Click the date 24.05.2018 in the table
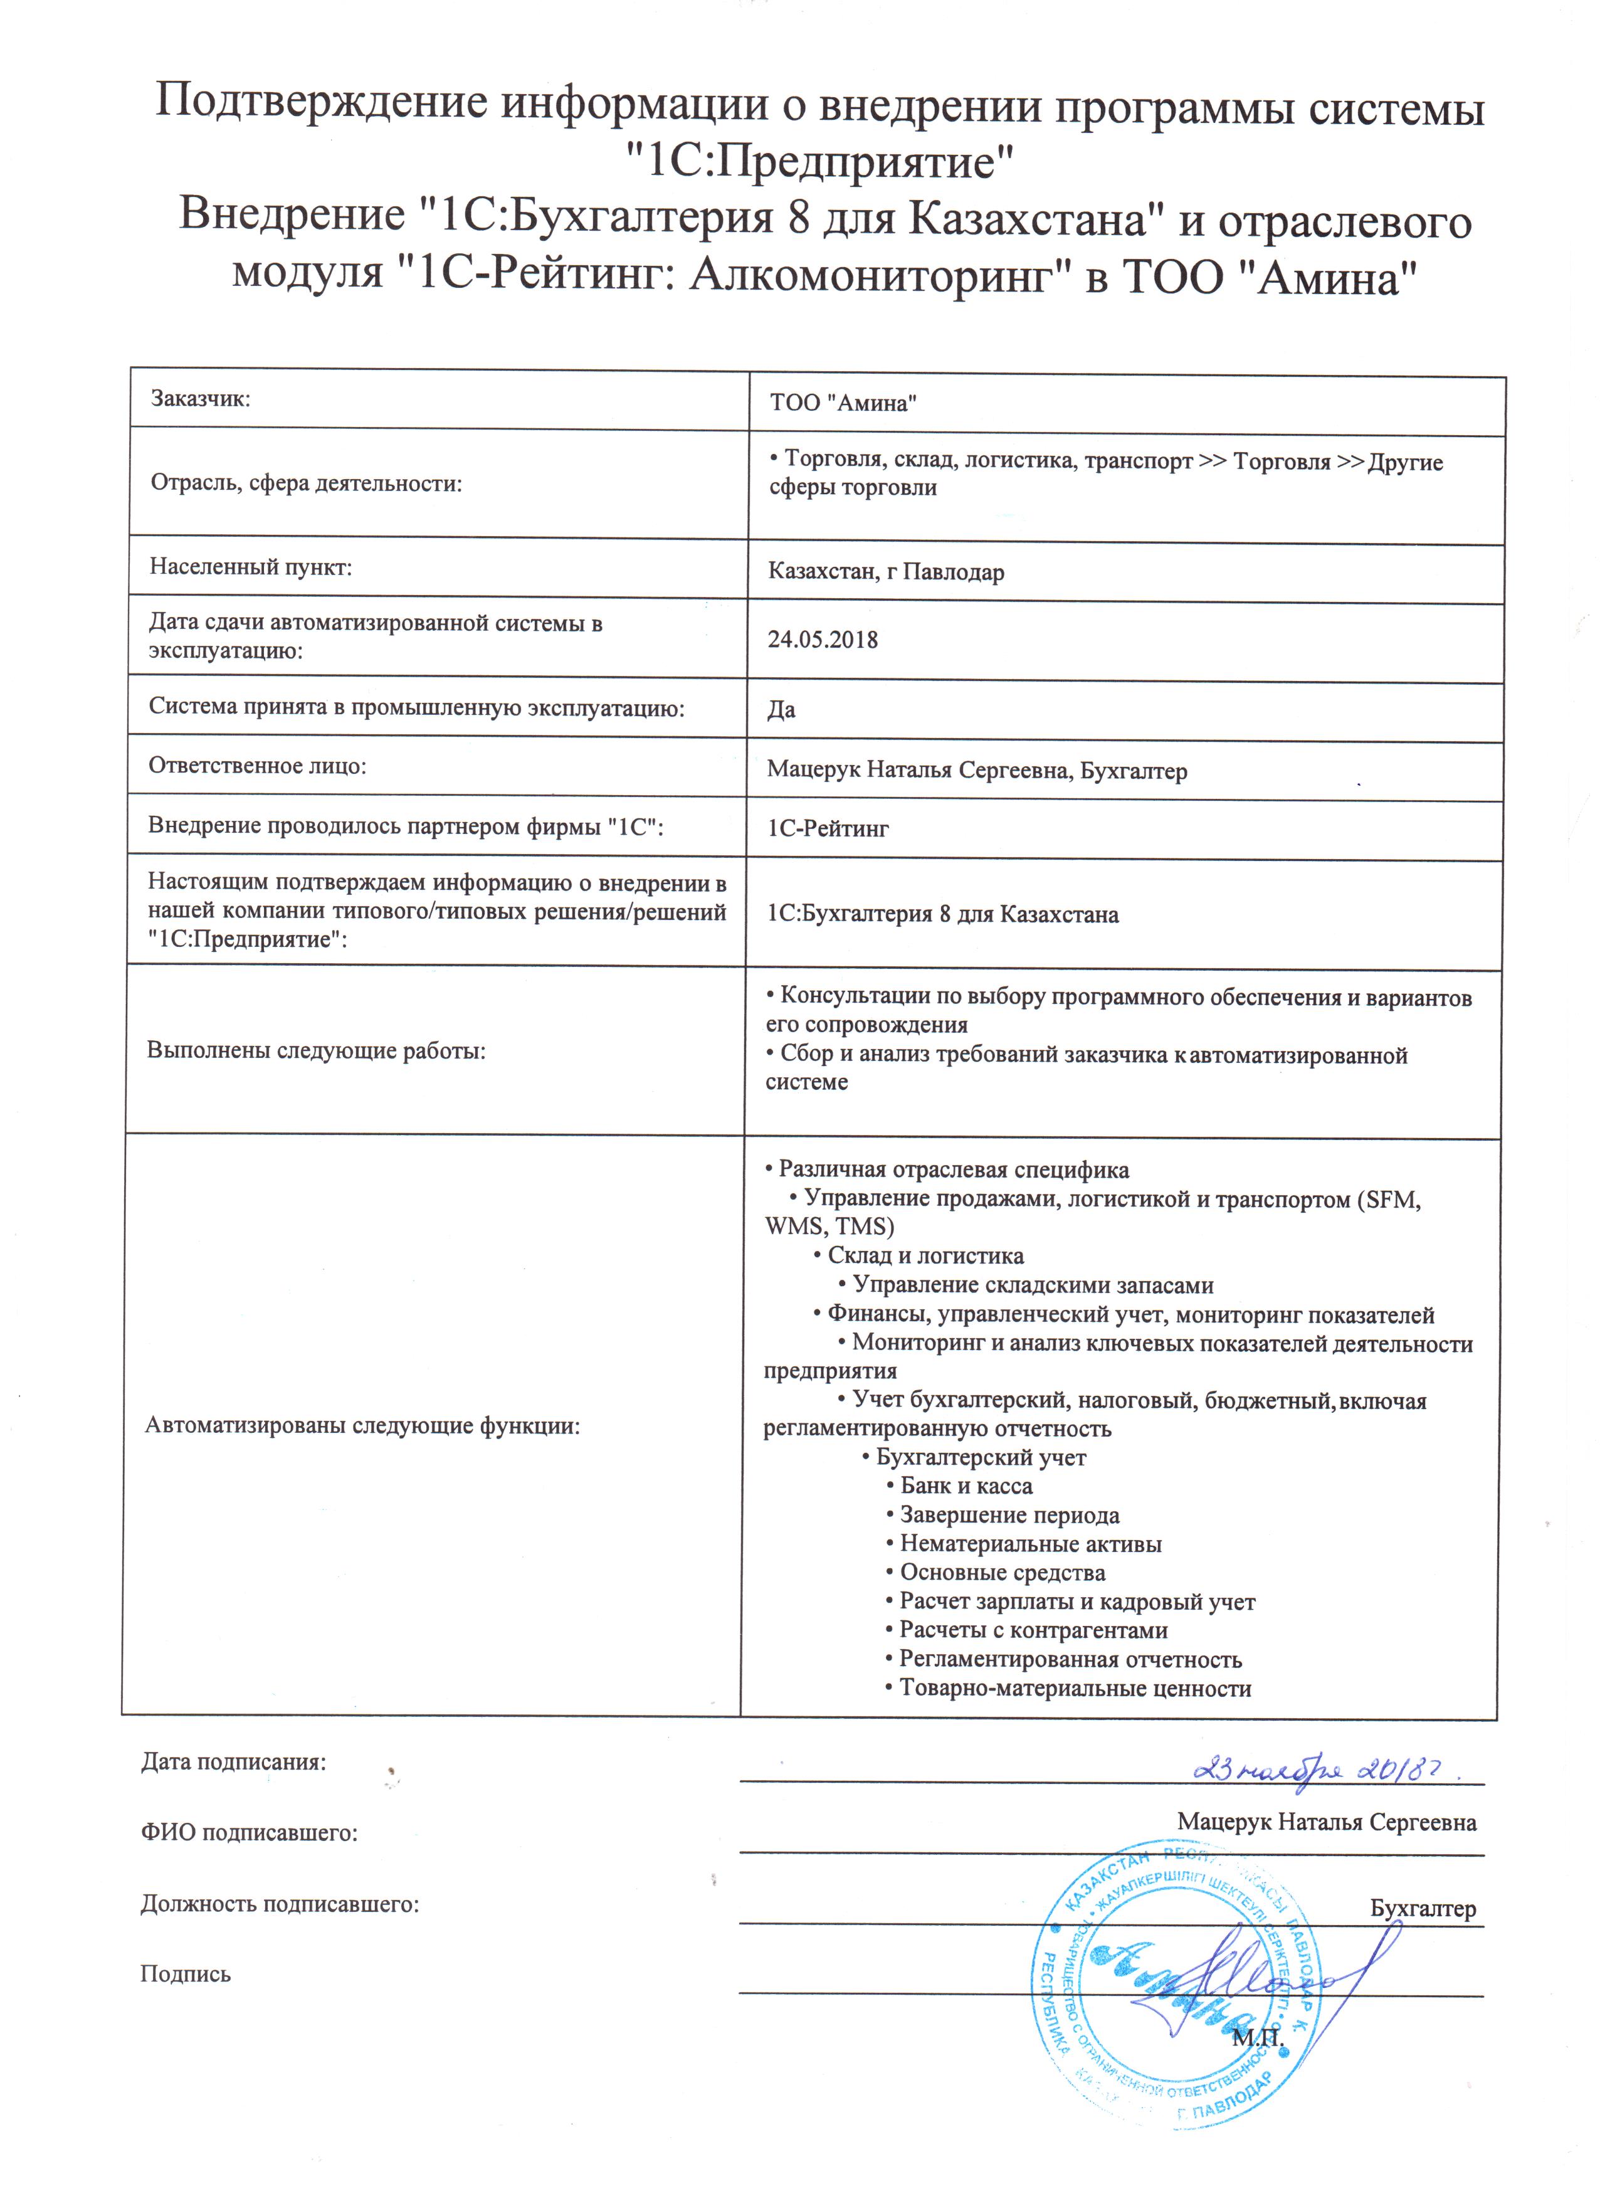[x=822, y=640]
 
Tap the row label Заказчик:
[x=201, y=398]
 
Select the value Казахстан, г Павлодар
[x=886, y=572]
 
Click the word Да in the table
[x=781, y=709]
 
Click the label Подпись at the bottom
[x=186, y=1974]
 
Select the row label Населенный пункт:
[x=250, y=567]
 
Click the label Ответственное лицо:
[x=257, y=766]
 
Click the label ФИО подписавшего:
[x=250, y=1833]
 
